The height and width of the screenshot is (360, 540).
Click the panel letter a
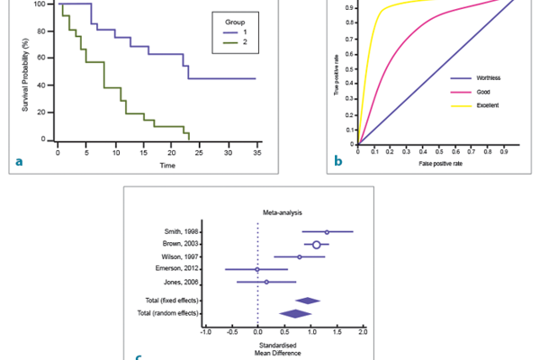coord(20,161)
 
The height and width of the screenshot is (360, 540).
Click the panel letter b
coord(338,161)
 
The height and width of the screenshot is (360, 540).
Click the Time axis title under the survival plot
coord(167,166)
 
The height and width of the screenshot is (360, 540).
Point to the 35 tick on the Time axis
coord(256,153)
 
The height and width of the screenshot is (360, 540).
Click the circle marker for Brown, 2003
coord(316,244)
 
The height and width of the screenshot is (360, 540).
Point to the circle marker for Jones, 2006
coord(266,282)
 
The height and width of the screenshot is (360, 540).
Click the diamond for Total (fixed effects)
coord(308,300)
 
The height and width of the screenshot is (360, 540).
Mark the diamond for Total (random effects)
coord(295,313)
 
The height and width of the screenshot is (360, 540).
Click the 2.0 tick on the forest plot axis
coord(364,332)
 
